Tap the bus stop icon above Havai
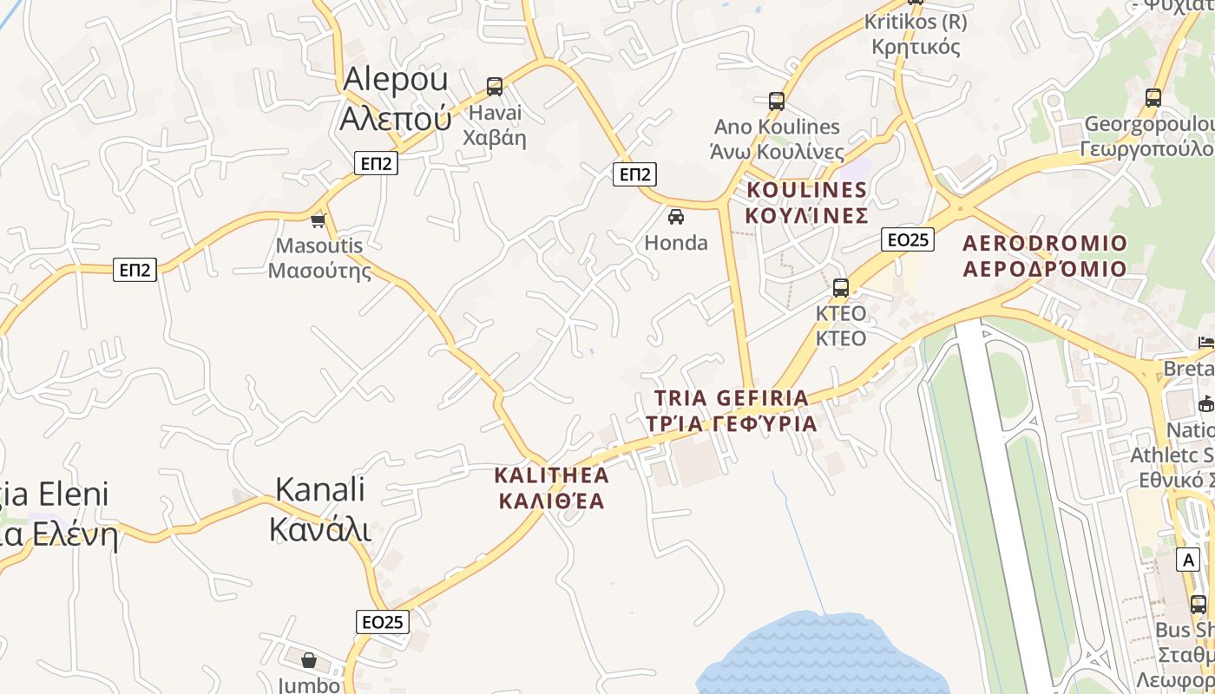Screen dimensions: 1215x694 [x=495, y=87]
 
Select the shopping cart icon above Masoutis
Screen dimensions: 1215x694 [x=319, y=220]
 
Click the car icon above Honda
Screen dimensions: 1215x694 [x=676, y=217]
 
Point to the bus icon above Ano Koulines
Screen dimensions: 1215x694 [x=777, y=101]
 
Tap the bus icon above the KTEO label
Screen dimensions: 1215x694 [x=840, y=288]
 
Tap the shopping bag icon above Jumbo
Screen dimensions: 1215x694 [x=309, y=661]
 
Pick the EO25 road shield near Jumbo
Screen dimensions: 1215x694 [x=383, y=622]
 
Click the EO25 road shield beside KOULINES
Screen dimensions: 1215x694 [x=908, y=239]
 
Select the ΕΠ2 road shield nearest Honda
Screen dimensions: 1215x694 [x=634, y=173]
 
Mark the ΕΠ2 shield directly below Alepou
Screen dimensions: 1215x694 [x=376, y=162]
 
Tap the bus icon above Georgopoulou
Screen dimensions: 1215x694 [x=1153, y=98]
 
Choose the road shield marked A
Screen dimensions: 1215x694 [x=1188, y=560]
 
